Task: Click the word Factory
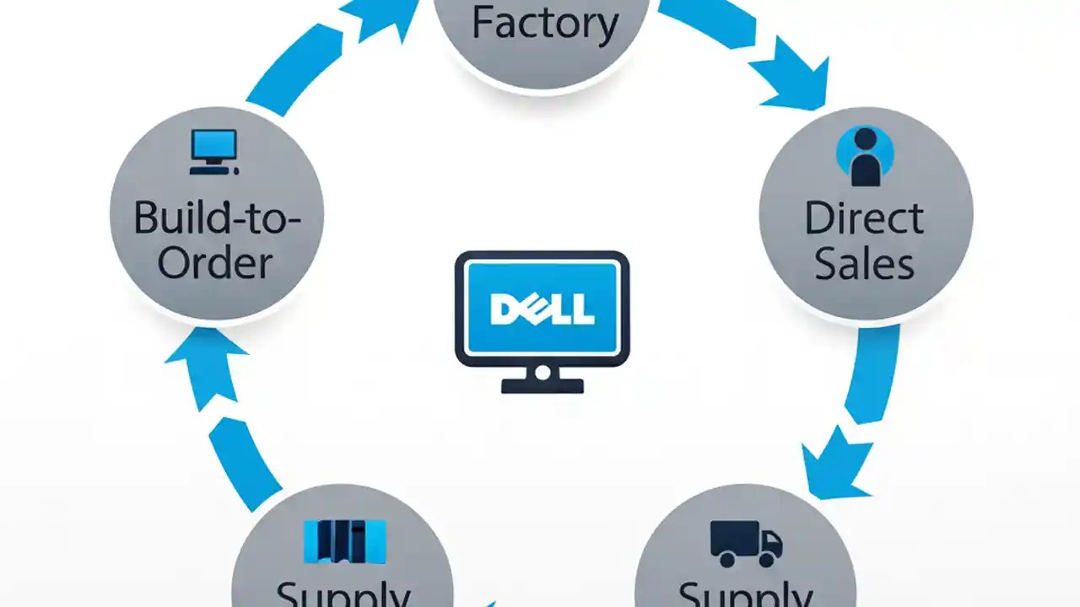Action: click(x=544, y=23)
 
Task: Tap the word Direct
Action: click(x=864, y=218)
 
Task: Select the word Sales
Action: click(x=864, y=264)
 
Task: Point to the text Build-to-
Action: click(x=217, y=218)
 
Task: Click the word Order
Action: click(x=215, y=264)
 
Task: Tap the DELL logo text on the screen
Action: click(x=543, y=309)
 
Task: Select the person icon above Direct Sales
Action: click(x=864, y=156)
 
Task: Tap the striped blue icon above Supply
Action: click(x=344, y=542)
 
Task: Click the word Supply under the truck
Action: click(x=745, y=594)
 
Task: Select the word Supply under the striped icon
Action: click(x=343, y=595)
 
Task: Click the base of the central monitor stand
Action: click(x=543, y=386)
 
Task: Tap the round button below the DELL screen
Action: click(x=543, y=372)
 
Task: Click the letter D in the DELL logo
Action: click(x=504, y=309)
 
